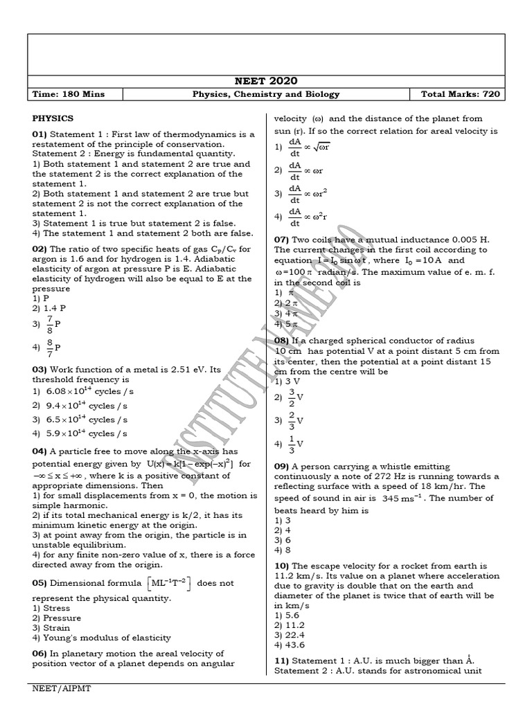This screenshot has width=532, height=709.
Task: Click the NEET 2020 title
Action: (266, 81)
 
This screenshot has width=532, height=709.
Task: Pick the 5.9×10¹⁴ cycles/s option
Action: (80, 433)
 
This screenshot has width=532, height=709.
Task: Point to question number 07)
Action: (283, 240)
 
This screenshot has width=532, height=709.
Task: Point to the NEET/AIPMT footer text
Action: (61, 690)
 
